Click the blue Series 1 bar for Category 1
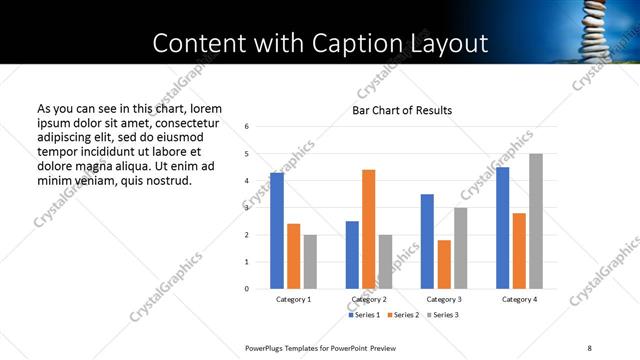pyautogui.click(x=277, y=231)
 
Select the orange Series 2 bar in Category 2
pyautogui.click(x=368, y=229)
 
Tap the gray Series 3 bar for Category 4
pyautogui.click(x=536, y=221)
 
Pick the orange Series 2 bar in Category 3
pyautogui.click(x=444, y=264)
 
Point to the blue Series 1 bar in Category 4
pyautogui.click(x=502, y=228)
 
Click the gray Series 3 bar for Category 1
pyautogui.click(x=310, y=262)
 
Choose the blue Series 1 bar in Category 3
pyautogui.click(x=427, y=241)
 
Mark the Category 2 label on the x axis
pyautogui.click(x=368, y=300)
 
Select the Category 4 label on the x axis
pyautogui.click(x=519, y=300)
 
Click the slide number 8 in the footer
pyautogui.click(x=590, y=347)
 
